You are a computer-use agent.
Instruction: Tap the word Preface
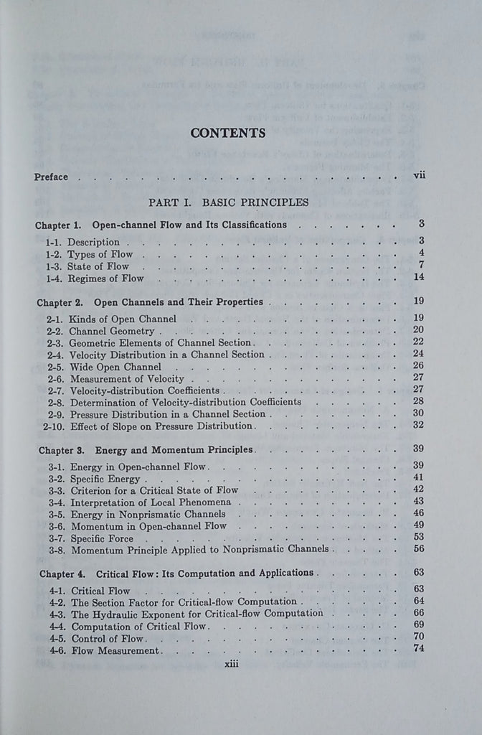pos(51,177)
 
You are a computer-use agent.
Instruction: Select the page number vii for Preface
pos(420,176)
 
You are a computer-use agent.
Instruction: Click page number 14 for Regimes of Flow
pos(420,278)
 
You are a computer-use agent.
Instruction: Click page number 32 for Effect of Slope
pos(420,425)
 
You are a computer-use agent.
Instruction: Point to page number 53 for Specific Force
pos(420,536)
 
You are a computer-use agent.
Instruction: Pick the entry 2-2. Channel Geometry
pos(101,331)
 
